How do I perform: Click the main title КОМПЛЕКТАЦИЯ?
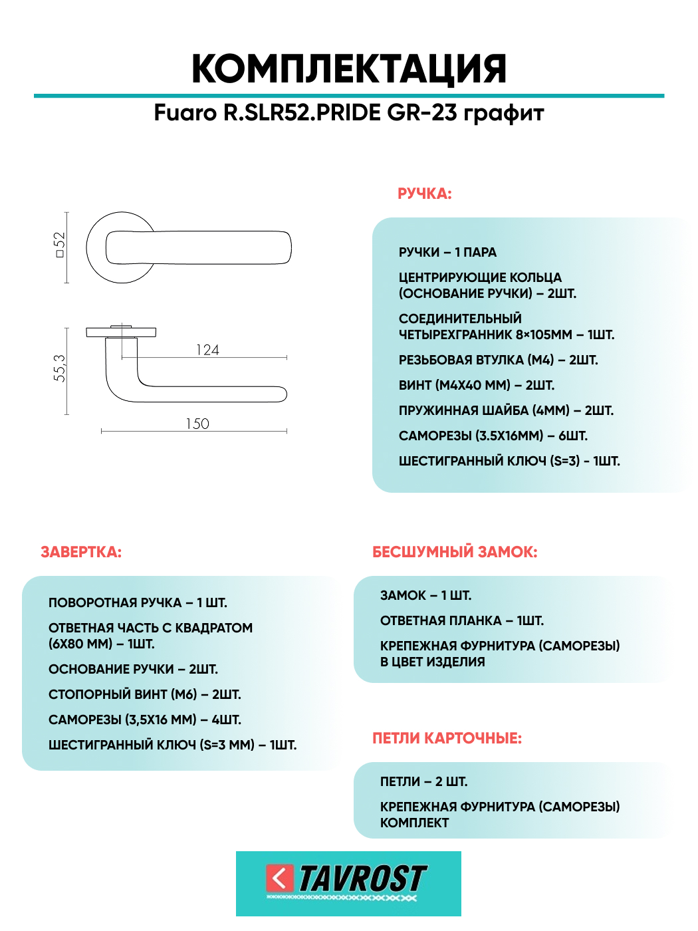tap(349, 68)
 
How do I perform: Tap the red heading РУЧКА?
tap(424, 194)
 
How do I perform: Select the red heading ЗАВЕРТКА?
tap(81, 552)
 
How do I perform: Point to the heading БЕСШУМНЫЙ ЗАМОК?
tap(455, 552)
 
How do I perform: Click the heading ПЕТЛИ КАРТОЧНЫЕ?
tap(447, 738)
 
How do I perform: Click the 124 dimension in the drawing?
tap(207, 350)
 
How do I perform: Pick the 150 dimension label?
tap(197, 424)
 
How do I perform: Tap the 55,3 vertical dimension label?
tap(60, 368)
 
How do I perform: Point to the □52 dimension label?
tap(60, 245)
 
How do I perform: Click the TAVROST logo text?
tap(362, 879)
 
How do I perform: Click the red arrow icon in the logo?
tap(279, 878)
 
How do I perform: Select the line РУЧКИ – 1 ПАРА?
tap(447, 253)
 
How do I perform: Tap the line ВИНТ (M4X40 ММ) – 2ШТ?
tap(476, 386)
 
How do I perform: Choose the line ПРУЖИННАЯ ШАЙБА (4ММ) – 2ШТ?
tap(506, 411)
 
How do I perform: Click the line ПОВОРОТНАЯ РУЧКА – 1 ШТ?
tap(138, 603)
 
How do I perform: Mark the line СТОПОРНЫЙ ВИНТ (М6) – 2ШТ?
tap(144, 695)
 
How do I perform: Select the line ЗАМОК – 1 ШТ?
tap(425, 596)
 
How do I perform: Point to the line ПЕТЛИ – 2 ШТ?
tap(423, 782)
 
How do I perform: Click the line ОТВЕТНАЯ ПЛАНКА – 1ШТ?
tap(461, 621)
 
